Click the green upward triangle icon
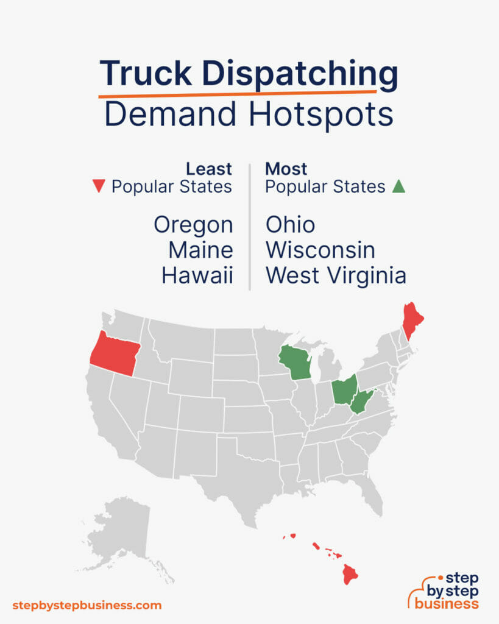coord(398,186)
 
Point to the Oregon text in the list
coord(193,225)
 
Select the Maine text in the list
coord(201,250)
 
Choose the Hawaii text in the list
coord(197,275)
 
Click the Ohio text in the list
coord(290,225)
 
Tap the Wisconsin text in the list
coord(320,250)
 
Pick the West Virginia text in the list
coord(336,275)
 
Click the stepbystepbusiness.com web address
coord(87,605)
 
